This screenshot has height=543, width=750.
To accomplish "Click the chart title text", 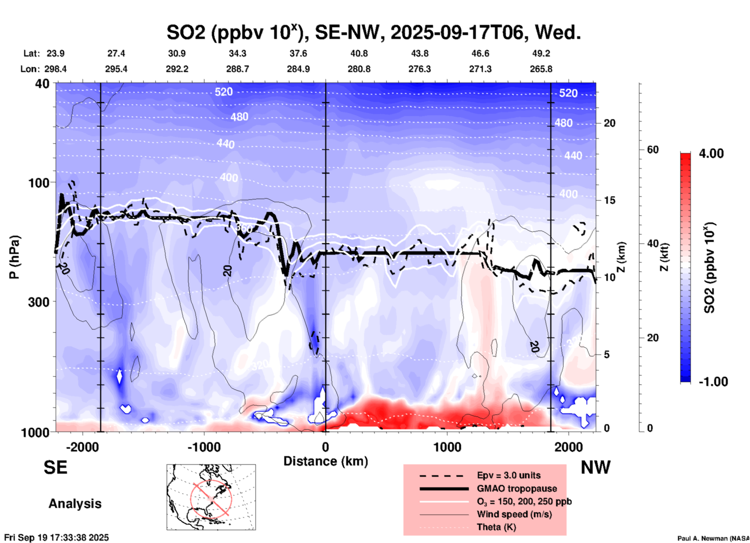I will (373, 32).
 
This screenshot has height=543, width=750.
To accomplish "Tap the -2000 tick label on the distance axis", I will (82, 447).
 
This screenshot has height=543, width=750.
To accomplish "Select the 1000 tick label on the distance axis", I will (447, 447).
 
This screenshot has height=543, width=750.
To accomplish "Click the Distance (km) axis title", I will (326, 461).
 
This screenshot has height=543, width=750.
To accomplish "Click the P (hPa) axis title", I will (14, 257).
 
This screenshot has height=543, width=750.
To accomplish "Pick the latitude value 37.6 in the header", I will (298, 53).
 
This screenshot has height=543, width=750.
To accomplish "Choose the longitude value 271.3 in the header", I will (480, 69).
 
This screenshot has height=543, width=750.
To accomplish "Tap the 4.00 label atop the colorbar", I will (711, 153).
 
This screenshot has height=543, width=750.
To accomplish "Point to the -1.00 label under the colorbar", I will (713, 382).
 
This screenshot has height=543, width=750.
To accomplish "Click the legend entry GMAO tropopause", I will (517, 488).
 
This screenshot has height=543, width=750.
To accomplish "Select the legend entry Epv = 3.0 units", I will (509, 476).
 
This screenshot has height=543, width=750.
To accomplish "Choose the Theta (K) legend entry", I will (496, 527).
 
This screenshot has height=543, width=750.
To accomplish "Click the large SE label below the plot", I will (55, 467).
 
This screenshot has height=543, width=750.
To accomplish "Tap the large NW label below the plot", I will (595, 467).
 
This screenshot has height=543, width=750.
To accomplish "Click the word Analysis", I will (75, 504).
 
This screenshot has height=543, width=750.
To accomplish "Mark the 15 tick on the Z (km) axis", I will (609, 200).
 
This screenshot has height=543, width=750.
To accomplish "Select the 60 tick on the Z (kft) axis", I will (653, 150).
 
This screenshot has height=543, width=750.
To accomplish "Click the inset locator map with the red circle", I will (211, 497).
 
